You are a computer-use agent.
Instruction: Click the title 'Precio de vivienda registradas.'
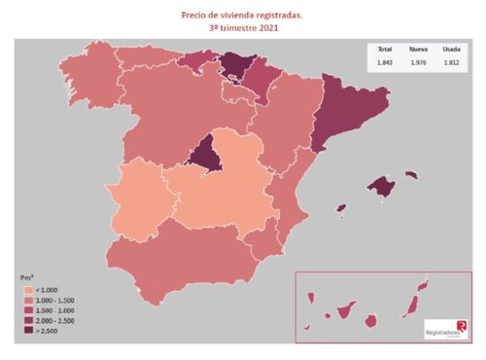click(x=243, y=16)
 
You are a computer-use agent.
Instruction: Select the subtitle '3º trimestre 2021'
click(x=243, y=28)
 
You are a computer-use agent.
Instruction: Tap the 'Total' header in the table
click(x=384, y=49)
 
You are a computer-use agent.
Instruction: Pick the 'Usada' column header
click(x=451, y=49)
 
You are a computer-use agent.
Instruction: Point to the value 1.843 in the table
click(x=384, y=62)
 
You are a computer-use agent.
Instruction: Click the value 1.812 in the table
click(x=451, y=62)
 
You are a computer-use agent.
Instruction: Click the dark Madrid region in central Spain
click(x=206, y=156)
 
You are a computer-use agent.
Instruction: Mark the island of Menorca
click(x=411, y=175)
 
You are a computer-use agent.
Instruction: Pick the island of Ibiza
click(x=342, y=207)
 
